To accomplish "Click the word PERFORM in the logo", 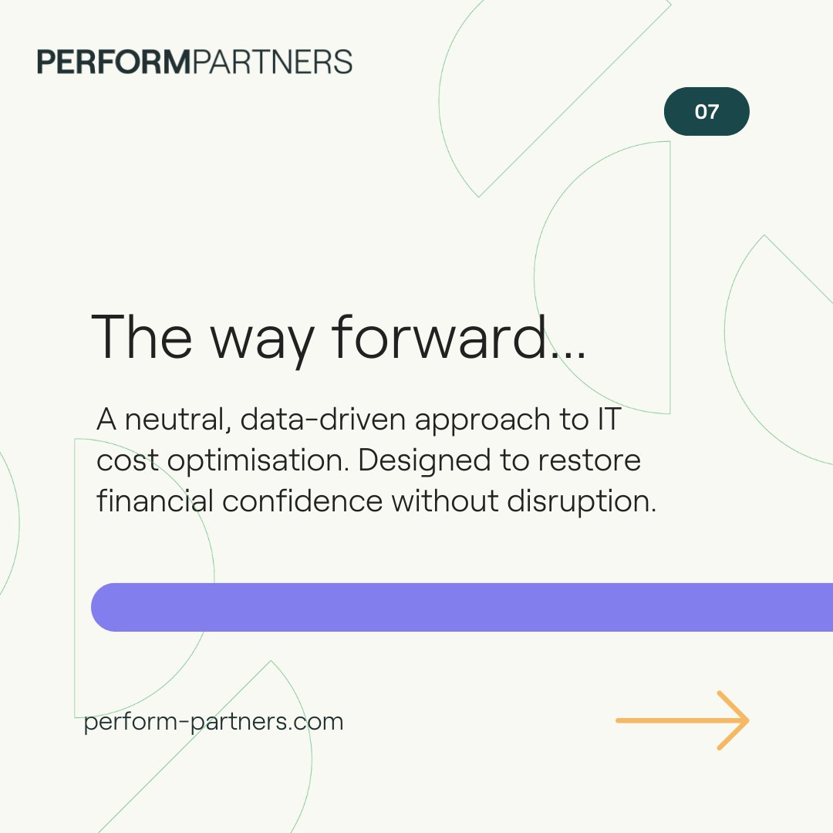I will tap(114, 62).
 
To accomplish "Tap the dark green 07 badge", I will tap(707, 112).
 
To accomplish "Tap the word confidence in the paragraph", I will tap(302, 501).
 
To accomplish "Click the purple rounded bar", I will tap(463, 607).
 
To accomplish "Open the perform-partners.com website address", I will tap(214, 722).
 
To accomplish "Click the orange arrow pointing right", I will tap(683, 720).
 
